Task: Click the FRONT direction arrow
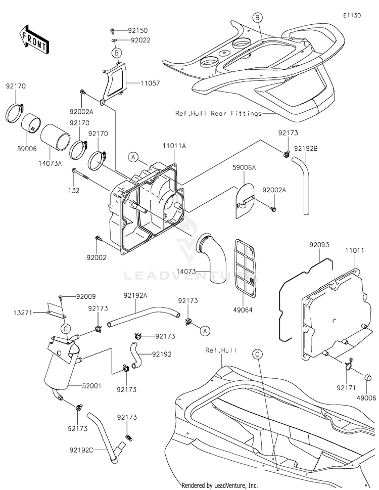click(x=33, y=39)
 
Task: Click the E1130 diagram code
click(x=352, y=15)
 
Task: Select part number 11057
click(x=150, y=83)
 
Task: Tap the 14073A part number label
click(x=50, y=163)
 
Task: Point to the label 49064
click(x=242, y=310)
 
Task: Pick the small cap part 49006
click(x=368, y=377)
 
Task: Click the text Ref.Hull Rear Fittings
click(x=218, y=113)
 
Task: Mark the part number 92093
click(x=319, y=245)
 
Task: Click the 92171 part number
click(x=346, y=388)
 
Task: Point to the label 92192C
click(x=81, y=450)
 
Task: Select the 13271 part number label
click(x=23, y=312)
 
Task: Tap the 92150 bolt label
click(x=137, y=31)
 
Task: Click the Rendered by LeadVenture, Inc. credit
click(x=220, y=485)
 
